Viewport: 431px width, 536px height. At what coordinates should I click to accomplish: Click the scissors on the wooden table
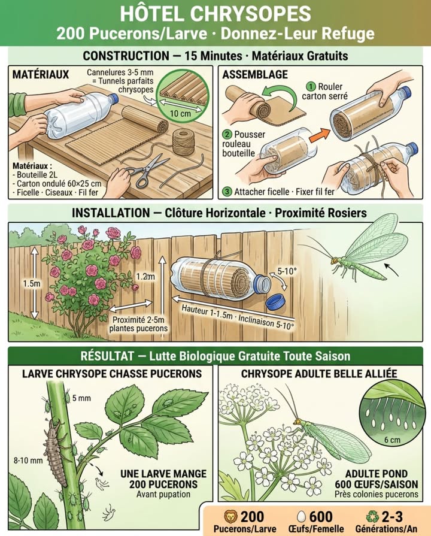(145, 171)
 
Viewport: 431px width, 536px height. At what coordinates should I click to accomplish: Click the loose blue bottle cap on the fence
(276, 302)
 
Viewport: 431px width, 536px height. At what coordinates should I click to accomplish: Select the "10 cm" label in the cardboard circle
(180, 113)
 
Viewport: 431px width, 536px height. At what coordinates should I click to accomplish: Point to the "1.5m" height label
(32, 284)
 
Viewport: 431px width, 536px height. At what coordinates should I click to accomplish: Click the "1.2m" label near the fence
(145, 277)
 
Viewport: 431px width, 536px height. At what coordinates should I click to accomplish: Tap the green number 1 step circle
(311, 86)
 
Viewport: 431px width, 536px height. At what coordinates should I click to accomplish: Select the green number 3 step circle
(227, 192)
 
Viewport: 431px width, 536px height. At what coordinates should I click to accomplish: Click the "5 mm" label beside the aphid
(81, 398)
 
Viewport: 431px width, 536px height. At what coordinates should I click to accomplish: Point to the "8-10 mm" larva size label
(28, 461)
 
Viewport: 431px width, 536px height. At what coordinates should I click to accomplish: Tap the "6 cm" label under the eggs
(392, 440)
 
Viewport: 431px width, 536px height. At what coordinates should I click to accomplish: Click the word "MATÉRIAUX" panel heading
(41, 74)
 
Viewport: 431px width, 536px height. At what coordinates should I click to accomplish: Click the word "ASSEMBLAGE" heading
(255, 74)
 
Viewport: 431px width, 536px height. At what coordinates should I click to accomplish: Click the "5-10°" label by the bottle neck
(287, 271)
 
